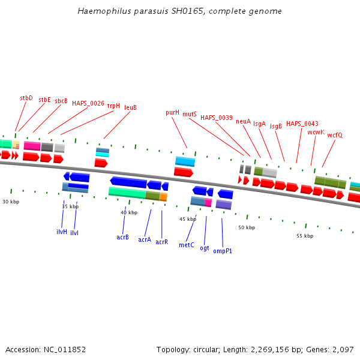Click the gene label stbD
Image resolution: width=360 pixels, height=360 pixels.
(x=26, y=98)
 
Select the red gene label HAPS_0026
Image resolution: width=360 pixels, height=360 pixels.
(x=88, y=103)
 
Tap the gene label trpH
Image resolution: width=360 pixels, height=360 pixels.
(x=113, y=106)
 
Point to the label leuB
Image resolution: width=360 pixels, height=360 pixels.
(x=130, y=108)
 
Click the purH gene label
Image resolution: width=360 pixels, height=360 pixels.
(x=172, y=113)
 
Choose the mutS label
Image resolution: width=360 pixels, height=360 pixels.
(x=190, y=114)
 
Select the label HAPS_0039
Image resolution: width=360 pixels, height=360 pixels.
(x=217, y=118)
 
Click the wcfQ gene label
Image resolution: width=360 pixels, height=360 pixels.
(x=335, y=136)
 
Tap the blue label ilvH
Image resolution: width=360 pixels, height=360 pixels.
(x=62, y=232)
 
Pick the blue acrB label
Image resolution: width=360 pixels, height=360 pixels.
(x=123, y=238)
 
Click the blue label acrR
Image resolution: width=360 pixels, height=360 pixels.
(x=161, y=242)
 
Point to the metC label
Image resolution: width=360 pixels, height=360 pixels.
(x=186, y=245)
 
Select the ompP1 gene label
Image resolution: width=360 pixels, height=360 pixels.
(x=223, y=251)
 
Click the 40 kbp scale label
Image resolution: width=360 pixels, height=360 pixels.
(x=129, y=213)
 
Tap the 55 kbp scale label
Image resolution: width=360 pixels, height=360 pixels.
(x=305, y=236)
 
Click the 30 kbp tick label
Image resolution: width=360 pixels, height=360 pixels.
(x=11, y=202)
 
